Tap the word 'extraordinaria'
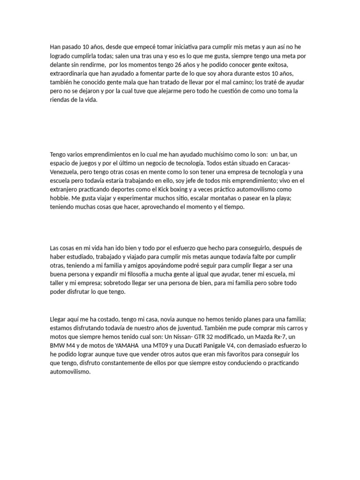68,74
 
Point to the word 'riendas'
60,100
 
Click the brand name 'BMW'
58,345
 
